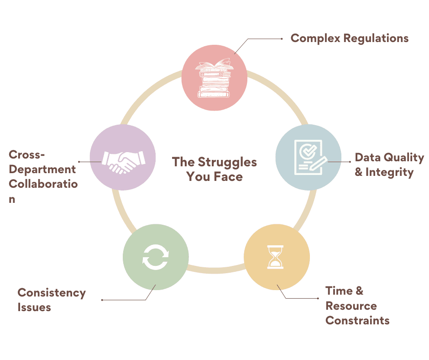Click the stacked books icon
click(214, 78)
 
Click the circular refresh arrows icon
click(156, 257)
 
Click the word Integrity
click(389, 173)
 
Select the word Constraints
click(357, 320)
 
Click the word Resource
click(351, 306)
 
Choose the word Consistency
click(52, 292)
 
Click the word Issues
click(34, 307)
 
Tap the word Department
click(42, 169)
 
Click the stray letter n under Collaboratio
click(12, 199)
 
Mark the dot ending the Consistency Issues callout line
click(102, 300)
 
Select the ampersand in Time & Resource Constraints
click(359, 291)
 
